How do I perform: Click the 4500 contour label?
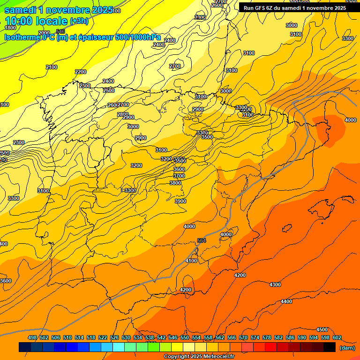[x=322, y=330]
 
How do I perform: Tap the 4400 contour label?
[x=286, y=301]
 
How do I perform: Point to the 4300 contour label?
[x=275, y=285]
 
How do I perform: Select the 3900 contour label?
[x=180, y=201]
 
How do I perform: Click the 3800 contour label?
[x=175, y=183]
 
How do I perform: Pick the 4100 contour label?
[x=191, y=261]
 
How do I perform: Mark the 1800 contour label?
[x=10, y=41]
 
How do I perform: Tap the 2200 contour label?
[x=81, y=72]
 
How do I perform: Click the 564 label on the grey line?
[x=202, y=240]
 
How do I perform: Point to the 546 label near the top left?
[x=60, y=31]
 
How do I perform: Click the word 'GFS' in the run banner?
[x=259, y=7]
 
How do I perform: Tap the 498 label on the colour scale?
[x=32, y=337]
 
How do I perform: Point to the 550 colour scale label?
[x=184, y=337]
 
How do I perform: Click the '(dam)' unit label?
[x=347, y=348]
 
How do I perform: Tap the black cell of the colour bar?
[x=330, y=347]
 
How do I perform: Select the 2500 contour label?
[x=109, y=90]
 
